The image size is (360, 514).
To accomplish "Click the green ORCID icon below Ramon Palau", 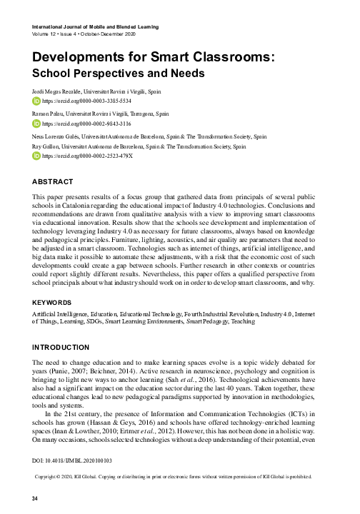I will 38,123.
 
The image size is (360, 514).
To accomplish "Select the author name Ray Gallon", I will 51,145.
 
